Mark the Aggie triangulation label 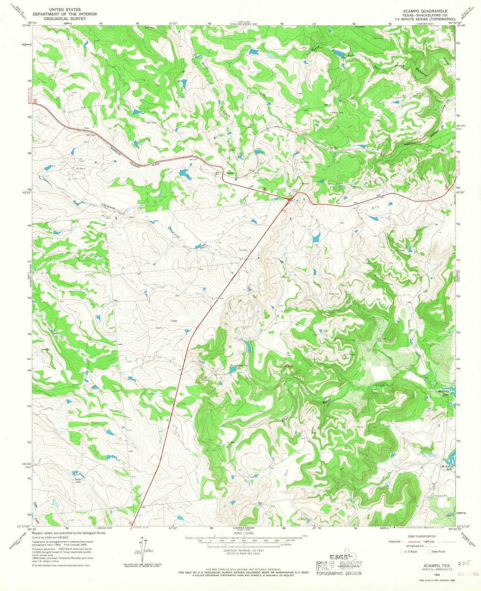(174, 321)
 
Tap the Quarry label (159, 328)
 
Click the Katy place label (87, 128)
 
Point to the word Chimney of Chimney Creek (109, 208)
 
